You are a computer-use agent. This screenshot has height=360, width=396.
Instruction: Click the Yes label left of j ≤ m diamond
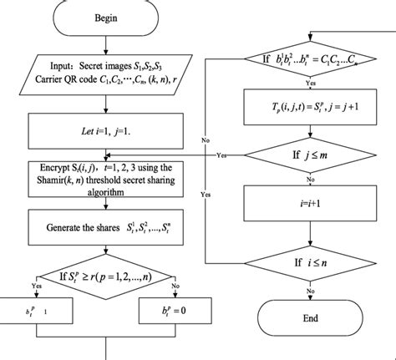[222, 155]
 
